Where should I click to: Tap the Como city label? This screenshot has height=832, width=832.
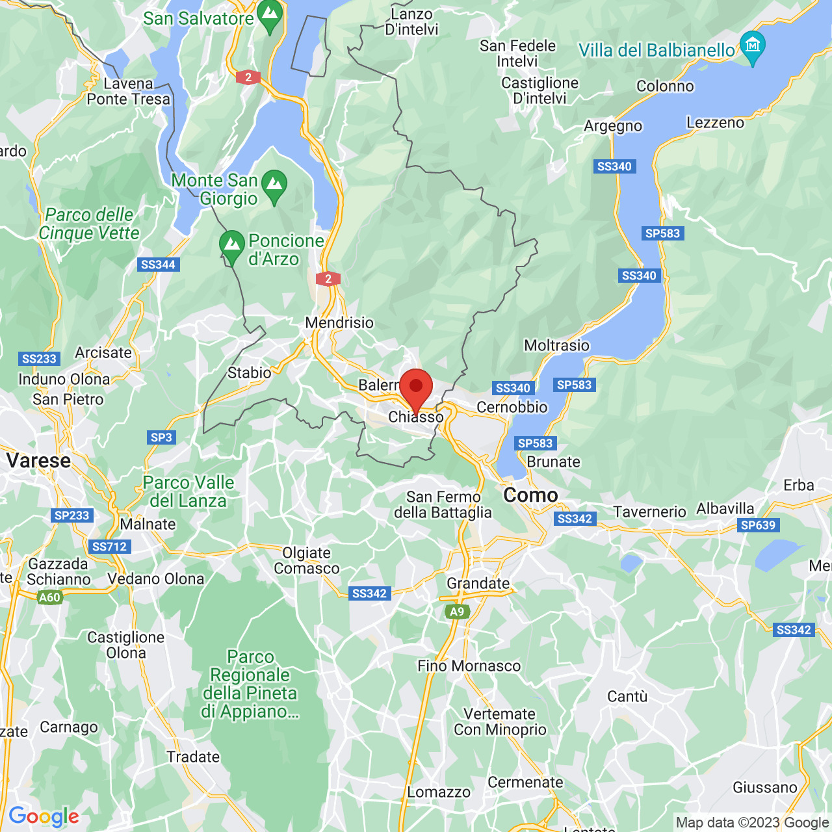click(x=530, y=495)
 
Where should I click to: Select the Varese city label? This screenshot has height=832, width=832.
click(x=38, y=461)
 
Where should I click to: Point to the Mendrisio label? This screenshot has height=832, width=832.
click(x=339, y=322)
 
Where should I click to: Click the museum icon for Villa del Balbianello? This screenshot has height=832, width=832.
click(x=753, y=46)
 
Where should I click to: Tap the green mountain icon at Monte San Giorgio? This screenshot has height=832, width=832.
click(x=274, y=185)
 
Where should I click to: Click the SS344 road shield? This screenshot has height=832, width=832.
click(x=159, y=265)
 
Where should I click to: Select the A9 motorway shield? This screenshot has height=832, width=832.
click(x=458, y=612)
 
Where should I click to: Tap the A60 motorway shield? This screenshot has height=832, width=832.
click(x=49, y=597)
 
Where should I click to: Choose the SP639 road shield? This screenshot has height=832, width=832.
click(x=758, y=525)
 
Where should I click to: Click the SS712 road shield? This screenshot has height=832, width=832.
click(x=109, y=547)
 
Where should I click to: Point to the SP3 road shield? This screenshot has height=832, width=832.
click(x=161, y=437)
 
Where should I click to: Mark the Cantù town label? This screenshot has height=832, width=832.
click(x=627, y=696)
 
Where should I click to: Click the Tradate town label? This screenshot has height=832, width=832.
click(x=193, y=757)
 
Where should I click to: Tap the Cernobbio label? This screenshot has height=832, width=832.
click(x=512, y=407)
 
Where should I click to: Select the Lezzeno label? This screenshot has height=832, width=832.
click(x=715, y=122)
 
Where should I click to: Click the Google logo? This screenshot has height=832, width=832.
click(x=44, y=816)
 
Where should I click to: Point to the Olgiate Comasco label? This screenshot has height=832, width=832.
click(x=307, y=560)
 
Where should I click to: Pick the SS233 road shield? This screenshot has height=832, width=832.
click(x=40, y=359)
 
